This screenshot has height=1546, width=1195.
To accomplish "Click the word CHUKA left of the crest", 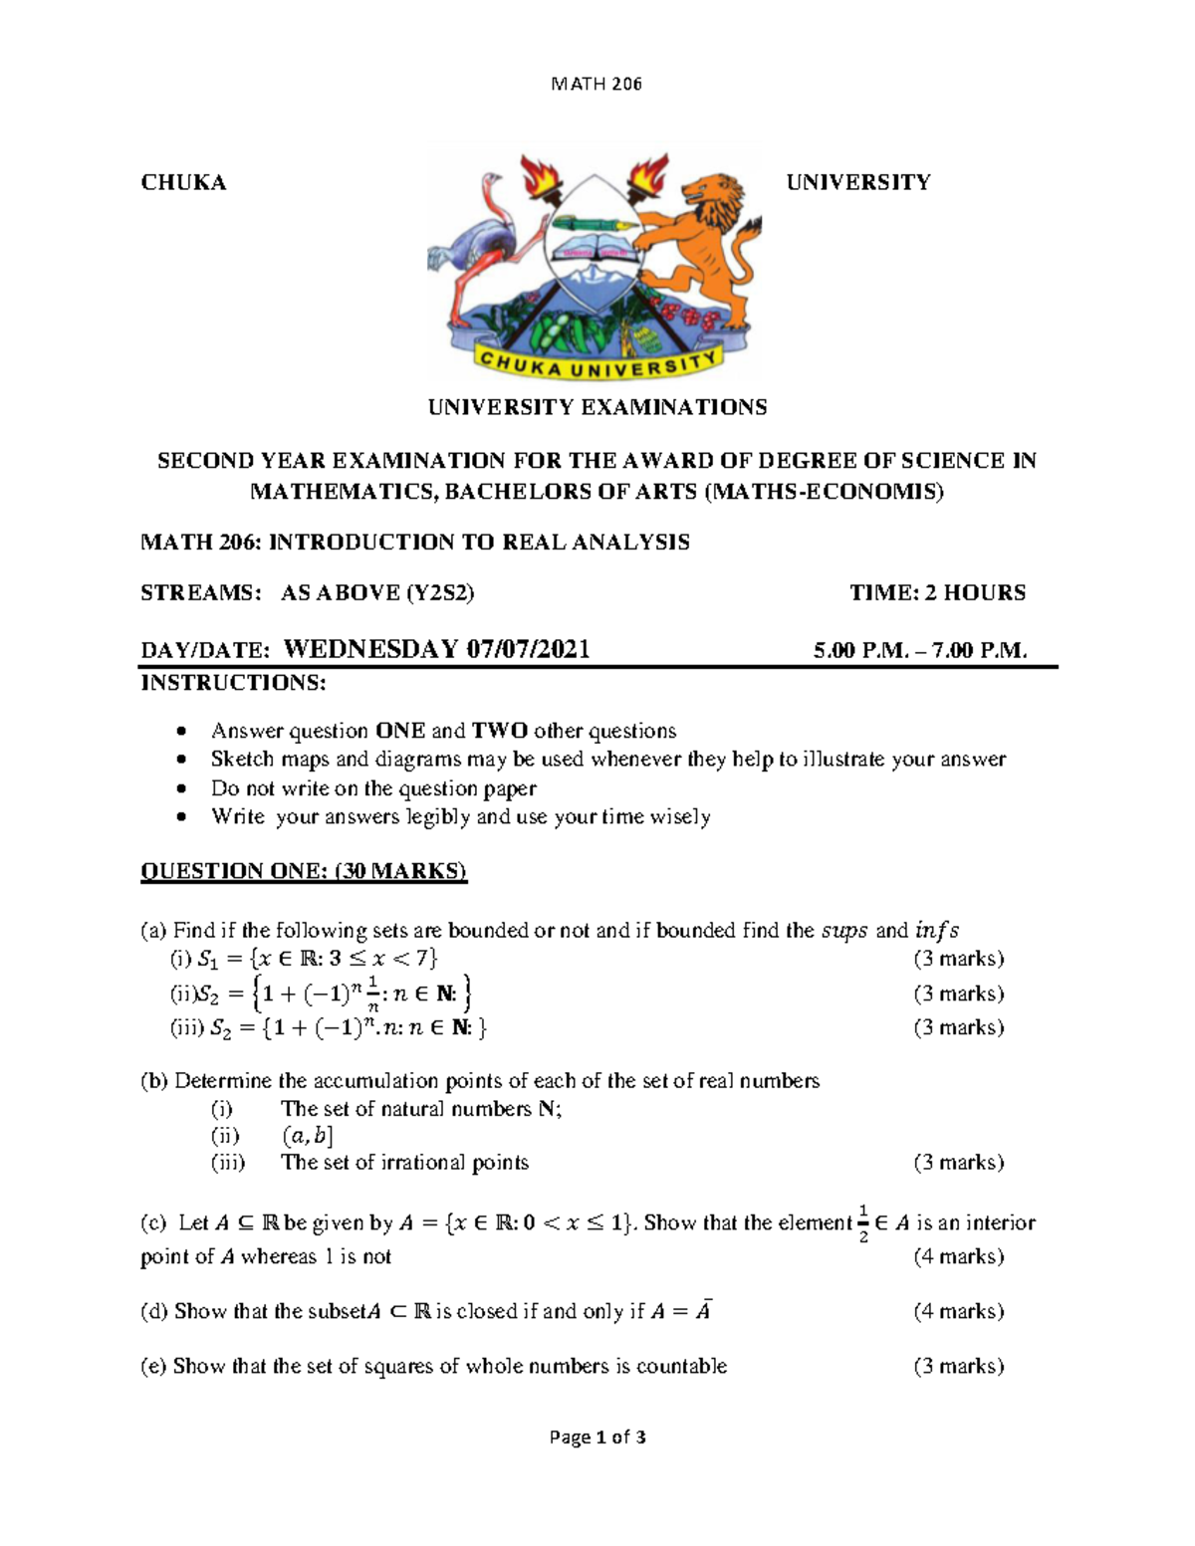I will (x=183, y=182).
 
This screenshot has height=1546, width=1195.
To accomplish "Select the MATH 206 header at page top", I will (x=597, y=84).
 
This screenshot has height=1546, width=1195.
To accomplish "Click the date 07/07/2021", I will (x=528, y=650).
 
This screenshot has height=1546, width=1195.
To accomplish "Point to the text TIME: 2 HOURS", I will (x=937, y=593).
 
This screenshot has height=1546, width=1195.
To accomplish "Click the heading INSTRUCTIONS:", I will (x=233, y=683).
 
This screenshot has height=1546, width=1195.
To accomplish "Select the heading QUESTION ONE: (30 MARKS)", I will (x=304, y=872).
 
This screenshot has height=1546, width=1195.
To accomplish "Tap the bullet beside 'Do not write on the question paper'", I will (x=180, y=789).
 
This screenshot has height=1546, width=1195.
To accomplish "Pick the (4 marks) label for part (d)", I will (x=958, y=1312).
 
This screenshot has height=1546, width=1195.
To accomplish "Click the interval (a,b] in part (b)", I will (x=308, y=1136).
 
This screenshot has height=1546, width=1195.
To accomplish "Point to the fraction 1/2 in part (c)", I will (x=863, y=1223).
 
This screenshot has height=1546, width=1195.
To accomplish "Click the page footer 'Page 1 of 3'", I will (x=597, y=1437).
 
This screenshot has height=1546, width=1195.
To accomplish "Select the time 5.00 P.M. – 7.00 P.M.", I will (x=919, y=651).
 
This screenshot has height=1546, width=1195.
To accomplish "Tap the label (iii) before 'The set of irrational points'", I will (x=228, y=1163).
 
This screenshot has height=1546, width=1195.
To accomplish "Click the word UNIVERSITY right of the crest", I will (x=858, y=182).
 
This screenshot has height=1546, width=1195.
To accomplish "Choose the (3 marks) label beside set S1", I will (x=958, y=960).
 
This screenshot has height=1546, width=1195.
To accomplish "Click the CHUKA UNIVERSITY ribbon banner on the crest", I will (x=597, y=363).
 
